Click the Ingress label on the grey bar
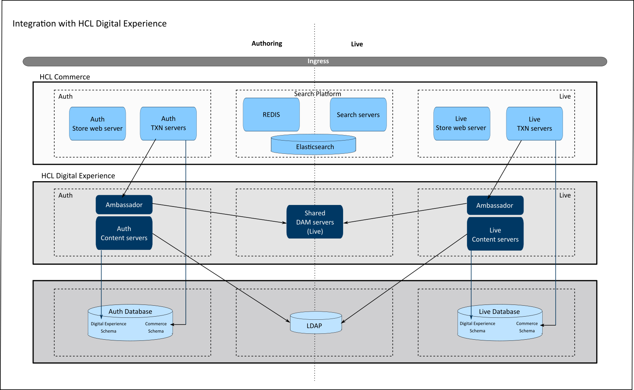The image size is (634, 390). click(318, 61)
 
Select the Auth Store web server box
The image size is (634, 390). click(97, 124)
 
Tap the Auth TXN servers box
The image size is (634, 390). click(168, 123)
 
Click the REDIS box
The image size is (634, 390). click(271, 115)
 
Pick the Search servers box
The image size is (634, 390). click(358, 115)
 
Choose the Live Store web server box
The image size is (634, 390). click(461, 123)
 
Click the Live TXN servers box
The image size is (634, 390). click(534, 124)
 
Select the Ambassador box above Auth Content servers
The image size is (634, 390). click(124, 205)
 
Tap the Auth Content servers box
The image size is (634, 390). click(124, 233)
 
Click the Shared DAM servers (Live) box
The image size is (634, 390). click(315, 222)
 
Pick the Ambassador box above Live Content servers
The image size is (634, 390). click(495, 205)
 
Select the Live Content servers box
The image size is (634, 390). click(495, 235)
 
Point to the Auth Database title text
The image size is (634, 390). click(130, 312)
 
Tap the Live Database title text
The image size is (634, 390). click(499, 312)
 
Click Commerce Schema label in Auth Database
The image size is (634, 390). click(156, 328)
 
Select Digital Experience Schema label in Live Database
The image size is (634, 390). click(477, 327)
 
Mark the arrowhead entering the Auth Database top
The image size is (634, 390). click(101, 317)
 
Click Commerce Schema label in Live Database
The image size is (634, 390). click(527, 327)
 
